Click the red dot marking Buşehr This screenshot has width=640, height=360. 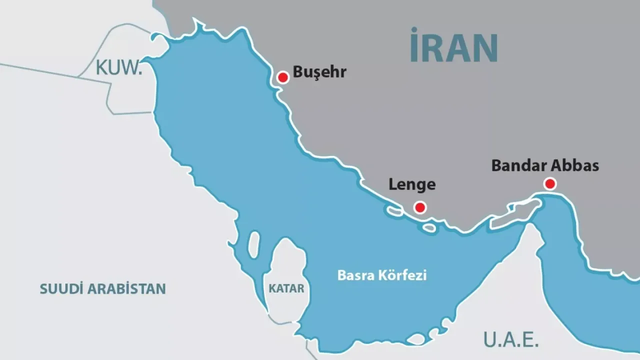point(283,77)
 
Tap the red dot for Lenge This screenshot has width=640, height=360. point(420,207)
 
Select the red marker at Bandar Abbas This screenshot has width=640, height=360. point(550,183)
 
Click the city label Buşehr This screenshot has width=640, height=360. point(319,72)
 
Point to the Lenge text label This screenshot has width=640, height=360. point(412,184)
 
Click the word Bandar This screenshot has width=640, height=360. point(516,165)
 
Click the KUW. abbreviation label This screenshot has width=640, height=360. point(119,68)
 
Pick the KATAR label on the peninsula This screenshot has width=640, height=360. point(286,288)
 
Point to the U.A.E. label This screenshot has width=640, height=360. point(510,339)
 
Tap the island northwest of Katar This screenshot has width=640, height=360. point(254,243)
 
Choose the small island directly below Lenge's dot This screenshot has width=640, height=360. point(429,228)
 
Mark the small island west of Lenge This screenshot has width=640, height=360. point(393,211)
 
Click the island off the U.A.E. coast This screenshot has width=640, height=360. point(416,339)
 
